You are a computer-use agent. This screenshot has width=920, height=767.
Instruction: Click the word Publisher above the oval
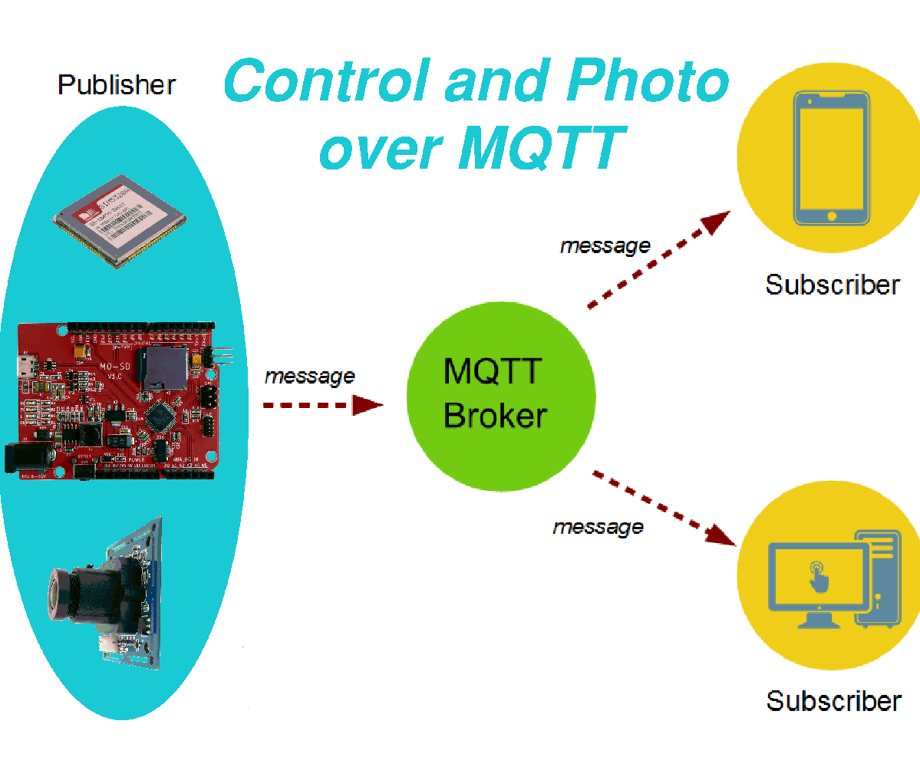point(117,84)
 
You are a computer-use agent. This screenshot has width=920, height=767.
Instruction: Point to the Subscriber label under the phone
point(833,285)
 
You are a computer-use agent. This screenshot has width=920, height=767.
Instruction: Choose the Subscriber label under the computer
point(833,700)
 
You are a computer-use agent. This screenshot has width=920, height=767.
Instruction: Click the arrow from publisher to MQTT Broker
point(322,405)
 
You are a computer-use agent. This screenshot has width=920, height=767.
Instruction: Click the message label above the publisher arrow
point(309,376)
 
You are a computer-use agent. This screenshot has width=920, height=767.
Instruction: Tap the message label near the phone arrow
point(605,245)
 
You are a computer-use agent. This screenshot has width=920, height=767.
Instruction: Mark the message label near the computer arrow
point(598,527)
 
